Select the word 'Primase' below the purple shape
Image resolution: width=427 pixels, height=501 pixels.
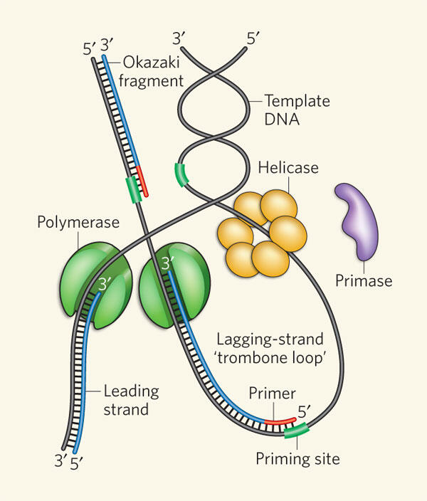point(364,280)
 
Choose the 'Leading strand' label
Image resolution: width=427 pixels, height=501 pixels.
point(130,400)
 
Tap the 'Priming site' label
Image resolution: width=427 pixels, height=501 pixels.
point(297,458)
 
